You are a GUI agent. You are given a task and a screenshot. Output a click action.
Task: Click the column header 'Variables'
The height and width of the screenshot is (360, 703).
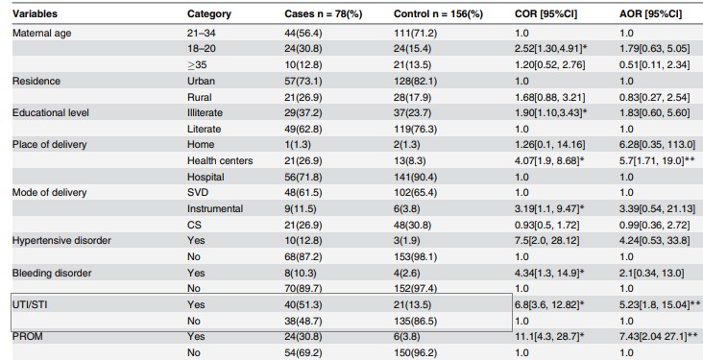[x=35, y=13]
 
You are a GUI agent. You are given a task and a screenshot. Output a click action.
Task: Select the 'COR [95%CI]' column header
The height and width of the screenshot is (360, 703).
[x=546, y=13]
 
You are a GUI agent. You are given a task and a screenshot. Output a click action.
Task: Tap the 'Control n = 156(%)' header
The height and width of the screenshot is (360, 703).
[x=438, y=13]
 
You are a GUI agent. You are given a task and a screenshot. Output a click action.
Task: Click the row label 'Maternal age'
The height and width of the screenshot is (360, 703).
[x=41, y=34]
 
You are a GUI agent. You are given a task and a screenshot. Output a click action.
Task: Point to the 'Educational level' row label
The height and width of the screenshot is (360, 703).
[x=51, y=112]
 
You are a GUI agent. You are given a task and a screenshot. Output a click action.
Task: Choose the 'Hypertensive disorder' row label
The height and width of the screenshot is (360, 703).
[x=61, y=240]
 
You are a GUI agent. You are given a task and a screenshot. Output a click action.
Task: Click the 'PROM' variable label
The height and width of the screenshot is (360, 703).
[x=27, y=336]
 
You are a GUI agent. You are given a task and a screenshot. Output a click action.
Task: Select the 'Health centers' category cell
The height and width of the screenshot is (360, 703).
[x=220, y=160]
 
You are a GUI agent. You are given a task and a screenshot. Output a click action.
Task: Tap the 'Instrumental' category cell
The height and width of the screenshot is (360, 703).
[x=215, y=208]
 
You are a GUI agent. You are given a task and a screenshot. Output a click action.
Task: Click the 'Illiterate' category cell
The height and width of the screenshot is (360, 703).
[x=205, y=112]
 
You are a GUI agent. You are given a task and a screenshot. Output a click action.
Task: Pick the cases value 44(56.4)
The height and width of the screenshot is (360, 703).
[x=303, y=34]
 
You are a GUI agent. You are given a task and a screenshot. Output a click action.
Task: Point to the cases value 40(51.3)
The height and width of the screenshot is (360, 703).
[x=303, y=305]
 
